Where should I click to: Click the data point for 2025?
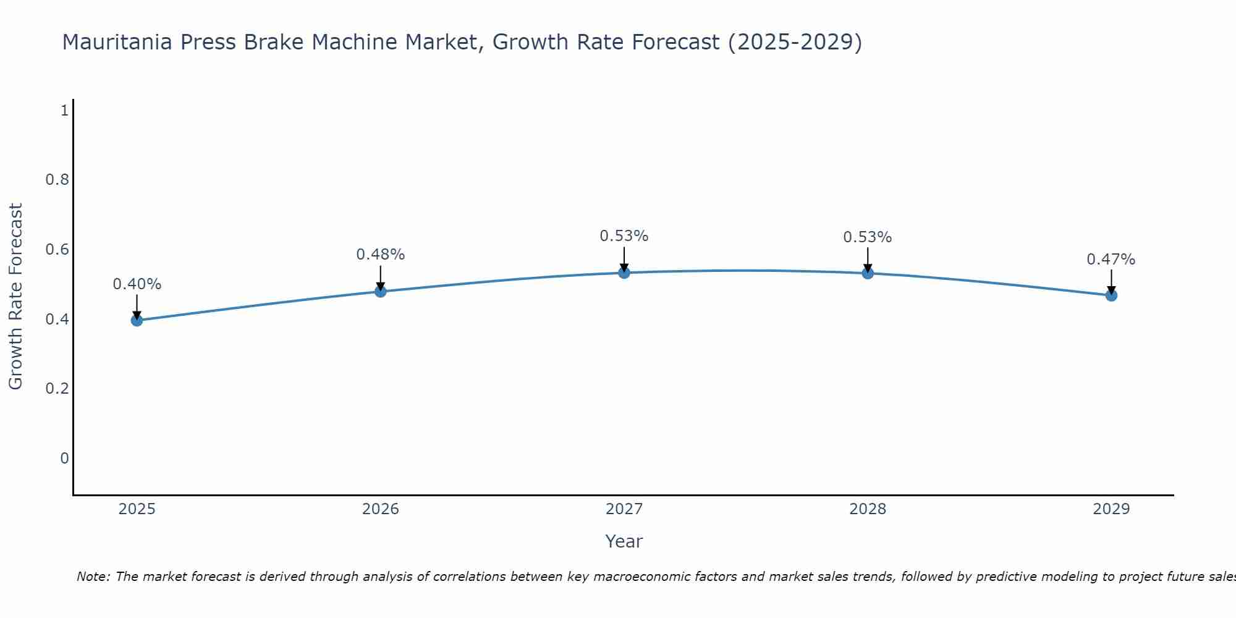[137, 320]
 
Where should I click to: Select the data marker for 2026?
[381, 291]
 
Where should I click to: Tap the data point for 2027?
[624, 273]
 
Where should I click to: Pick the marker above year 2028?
[868, 273]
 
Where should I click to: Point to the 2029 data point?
[1111, 295]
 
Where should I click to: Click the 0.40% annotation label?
[137, 284]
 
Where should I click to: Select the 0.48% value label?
[381, 255]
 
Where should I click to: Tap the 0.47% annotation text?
[1111, 260]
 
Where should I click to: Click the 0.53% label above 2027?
[624, 236]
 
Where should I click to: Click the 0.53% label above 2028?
[868, 237]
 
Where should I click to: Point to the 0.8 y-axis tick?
[57, 180]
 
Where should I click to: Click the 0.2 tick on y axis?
[57, 389]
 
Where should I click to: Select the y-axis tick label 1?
[64, 111]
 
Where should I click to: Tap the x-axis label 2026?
[381, 509]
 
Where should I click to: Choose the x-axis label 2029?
[1111, 509]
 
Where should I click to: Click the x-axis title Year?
[624, 541]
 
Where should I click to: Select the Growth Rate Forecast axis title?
[16, 297]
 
